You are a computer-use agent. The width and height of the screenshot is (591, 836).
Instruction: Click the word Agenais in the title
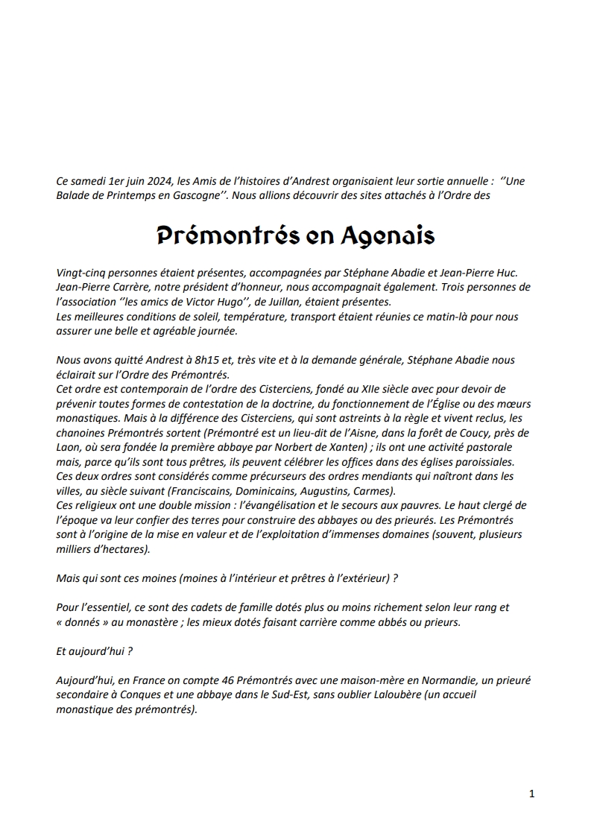tap(388, 235)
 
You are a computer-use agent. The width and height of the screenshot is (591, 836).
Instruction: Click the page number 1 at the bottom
tap(531, 794)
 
